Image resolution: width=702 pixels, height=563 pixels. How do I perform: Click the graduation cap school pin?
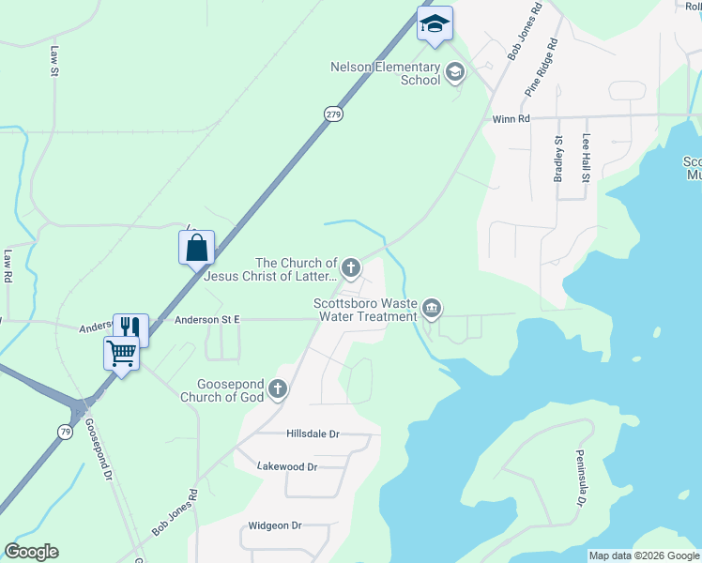click(x=435, y=23)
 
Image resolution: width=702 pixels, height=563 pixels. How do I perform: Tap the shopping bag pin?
click(x=197, y=248)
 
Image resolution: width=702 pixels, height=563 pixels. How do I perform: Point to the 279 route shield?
click(x=334, y=114)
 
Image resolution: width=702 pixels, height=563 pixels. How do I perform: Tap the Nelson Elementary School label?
click(x=385, y=73)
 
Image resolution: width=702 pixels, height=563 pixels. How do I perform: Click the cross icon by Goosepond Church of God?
click(x=278, y=388)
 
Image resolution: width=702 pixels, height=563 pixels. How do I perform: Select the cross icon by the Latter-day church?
click(x=351, y=269)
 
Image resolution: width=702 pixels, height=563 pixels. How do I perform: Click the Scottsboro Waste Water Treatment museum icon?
click(x=432, y=307)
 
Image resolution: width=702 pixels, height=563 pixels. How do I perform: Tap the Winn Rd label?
click(x=511, y=119)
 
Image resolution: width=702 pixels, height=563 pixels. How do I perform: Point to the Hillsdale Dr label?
click(x=313, y=434)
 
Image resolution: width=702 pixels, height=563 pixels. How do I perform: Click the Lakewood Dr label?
click(x=287, y=466)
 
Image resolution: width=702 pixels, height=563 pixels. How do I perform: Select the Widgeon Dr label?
click(x=274, y=526)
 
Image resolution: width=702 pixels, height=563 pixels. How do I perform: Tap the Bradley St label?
click(x=558, y=159)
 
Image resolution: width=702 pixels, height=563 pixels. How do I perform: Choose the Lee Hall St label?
click(x=587, y=157)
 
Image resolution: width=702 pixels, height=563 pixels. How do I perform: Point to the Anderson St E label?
click(x=207, y=320)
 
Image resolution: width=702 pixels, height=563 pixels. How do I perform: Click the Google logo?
click(x=31, y=552)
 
